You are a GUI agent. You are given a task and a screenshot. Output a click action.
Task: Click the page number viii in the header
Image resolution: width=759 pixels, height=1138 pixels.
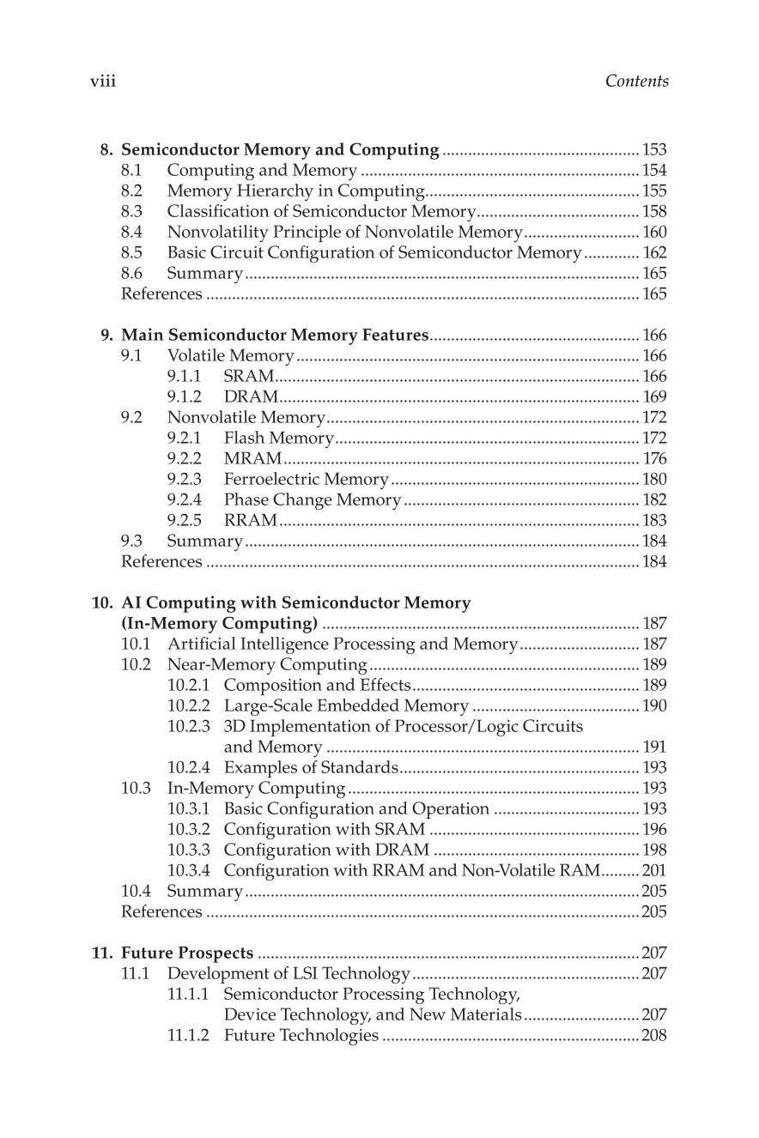pyautogui.click(x=103, y=82)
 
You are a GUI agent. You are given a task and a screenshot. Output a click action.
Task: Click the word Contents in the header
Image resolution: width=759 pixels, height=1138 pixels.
pyautogui.click(x=636, y=82)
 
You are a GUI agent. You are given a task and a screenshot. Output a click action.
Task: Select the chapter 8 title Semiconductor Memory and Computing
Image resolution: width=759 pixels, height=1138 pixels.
pyautogui.click(x=281, y=150)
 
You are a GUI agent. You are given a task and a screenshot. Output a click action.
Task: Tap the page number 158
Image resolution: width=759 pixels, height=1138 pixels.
pyautogui.click(x=654, y=212)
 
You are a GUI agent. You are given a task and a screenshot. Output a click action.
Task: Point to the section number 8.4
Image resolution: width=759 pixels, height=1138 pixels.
pyautogui.click(x=132, y=233)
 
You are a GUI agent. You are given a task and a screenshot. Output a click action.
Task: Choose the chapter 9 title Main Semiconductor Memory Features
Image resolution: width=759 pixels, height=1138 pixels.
pyautogui.click(x=275, y=336)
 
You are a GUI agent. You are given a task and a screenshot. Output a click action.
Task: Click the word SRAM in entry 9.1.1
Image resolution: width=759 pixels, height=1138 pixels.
pyautogui.click(x=248, y=377)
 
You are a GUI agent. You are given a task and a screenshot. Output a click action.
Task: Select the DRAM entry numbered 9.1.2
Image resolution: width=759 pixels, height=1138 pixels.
pyautogui.click(x=251, y=397)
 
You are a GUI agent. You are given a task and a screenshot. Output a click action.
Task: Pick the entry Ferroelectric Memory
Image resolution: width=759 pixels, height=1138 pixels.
pyautogui.click(x=306, y=480)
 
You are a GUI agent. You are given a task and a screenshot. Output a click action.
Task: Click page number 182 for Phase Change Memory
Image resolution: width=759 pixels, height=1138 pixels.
pyautogui.click(x=654, y=500)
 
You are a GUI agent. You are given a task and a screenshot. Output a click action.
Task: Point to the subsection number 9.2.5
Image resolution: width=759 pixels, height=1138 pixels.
pyautogui.click(x=185, y=521)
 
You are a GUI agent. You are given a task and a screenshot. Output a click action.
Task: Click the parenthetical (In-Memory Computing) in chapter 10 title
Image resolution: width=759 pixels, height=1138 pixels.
pyautogui.click(x=220, y=624)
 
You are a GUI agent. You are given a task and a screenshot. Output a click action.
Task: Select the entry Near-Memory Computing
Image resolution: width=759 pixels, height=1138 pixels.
pyautogui.click(x=267, y=665)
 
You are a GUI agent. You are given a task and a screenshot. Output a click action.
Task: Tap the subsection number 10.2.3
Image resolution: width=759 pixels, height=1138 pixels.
pyautogui.click(x=188, y=727)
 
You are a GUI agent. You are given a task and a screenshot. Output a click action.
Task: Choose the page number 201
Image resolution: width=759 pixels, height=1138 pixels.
pyautogui.click(x=654, y=871)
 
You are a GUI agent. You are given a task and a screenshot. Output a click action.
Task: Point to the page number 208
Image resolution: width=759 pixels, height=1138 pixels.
pyautogui.click(x=654, y=1036)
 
